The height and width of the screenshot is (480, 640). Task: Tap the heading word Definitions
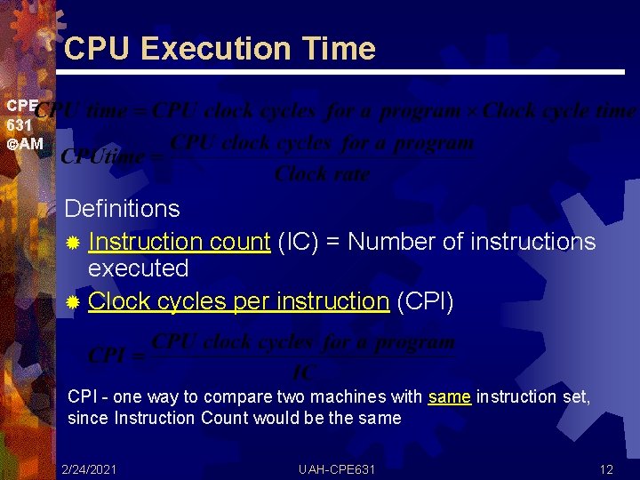pyautogui.click(x=122, y=209)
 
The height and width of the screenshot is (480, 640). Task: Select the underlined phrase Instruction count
pyautogui.click(x=179, y=241)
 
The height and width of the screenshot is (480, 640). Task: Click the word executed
pyautogui.click(x=139, y=268)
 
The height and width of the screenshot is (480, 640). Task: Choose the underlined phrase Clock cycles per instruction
pyautogui.click(x=238, y=301)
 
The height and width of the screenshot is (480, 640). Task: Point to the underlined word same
pyautogui.click(x=449, y=396)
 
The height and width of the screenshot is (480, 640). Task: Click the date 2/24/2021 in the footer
pyautogui.click(x=89, y=468)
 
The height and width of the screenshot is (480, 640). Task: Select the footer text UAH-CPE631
pyautogui.click(x=337, y=468)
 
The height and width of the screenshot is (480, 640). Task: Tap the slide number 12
pyautogui.click(x=606, y=468)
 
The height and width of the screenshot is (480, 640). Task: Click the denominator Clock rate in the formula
pyautogui.click(x=322, y=174)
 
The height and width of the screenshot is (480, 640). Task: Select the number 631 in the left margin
pyautogui.click(x=19, y=125)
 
